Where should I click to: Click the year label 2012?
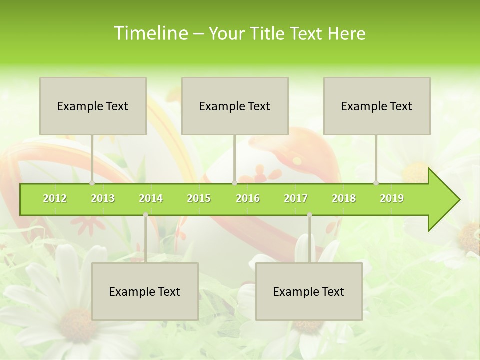(55, 199)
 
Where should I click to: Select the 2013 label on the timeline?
(103, 199)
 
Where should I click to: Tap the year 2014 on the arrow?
(151, 199)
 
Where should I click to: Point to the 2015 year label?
(199, 199)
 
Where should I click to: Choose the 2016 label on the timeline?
(248, 199)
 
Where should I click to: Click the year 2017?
(296, 199)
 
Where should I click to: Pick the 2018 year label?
(344, 199)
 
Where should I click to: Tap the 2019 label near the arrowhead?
(392, 199)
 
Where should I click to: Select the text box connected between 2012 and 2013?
(93, 106)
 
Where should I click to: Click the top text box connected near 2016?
(235, 106)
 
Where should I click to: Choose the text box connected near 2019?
(377, 106)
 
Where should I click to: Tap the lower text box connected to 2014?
(145, 291)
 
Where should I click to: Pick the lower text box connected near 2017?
(309, 291)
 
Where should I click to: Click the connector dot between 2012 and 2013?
(92, 183)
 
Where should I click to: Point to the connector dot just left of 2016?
(234, 183)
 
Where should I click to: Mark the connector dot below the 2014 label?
(145, 215)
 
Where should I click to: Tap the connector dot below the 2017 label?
(309, 215)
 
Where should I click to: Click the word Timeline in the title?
(150, 33)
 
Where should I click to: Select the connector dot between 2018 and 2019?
(376, 183)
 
